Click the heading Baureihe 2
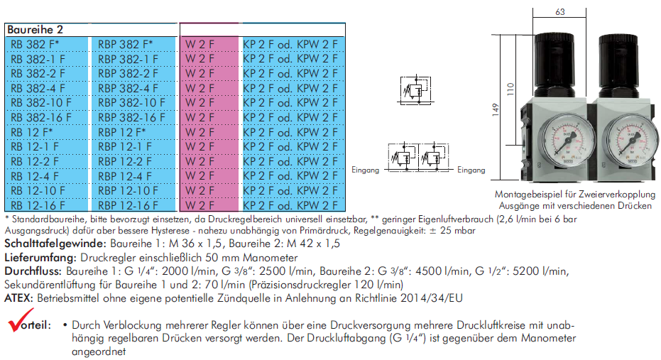pyautogui.click(x=35, y=30)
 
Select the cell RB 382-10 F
pyautogui.click(x=41, y=103)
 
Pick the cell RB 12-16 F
pyautogui.click(x=38, y=205)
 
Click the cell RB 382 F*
pyautogui.click(x=35, y=44)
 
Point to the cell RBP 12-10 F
pyautogui.click(x=128, y=191)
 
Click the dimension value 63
pyautogui.click(x=559, y=12)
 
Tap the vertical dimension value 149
pyautogui.click(x=496, y=109)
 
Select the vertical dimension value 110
pyautogui.click(x=510, y=89)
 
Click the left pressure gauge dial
pyautogui.click(x=567, y=141)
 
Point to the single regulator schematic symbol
pyautogui.click(x=415, y=89)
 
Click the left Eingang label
pyautogui.click(x=366, y=170)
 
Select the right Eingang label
pyautogui.click(x=471, y=170)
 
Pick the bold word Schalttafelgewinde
pyautogui.click(x=55, y=244)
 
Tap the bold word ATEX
pyautogui.click(x=18, y=298)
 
